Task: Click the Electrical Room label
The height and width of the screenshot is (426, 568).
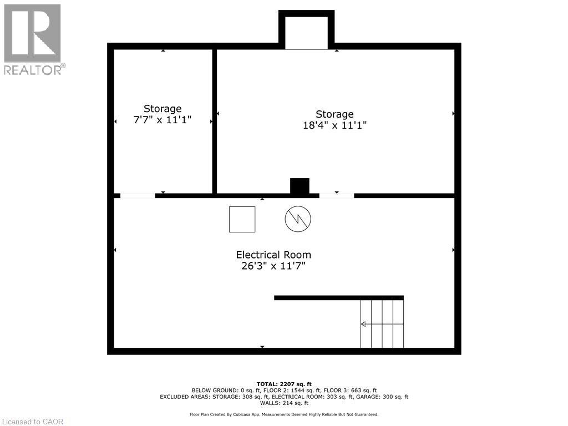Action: pos(273,255)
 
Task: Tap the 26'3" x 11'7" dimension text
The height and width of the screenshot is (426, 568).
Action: pos(273,266)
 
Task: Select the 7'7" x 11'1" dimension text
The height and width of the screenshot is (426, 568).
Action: pos(163,120)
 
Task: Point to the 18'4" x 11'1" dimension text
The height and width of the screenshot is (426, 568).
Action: pos(334,125)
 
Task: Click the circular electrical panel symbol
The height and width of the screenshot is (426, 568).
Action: pos(298,219)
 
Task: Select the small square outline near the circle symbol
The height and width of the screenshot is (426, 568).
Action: pos(242,219)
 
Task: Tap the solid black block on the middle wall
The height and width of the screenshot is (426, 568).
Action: pos(300,186)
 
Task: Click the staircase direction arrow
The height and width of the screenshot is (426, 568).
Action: pos(363,324)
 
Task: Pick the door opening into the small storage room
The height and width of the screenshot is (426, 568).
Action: pos(138,195)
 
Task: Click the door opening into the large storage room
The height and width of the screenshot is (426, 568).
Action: pos(337,195)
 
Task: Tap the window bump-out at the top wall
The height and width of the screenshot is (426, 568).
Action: pos(307,31)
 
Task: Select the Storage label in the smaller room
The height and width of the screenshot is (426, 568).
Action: pos(163,109)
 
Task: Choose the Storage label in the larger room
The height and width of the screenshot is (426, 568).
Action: pos(334,114)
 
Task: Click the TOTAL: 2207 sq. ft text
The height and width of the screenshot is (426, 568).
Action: pos(284,384)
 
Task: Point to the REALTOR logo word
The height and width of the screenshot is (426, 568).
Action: pos(33,70)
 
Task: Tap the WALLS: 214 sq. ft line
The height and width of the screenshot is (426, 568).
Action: pos(284,403)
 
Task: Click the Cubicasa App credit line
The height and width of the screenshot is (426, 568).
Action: pos(284,414)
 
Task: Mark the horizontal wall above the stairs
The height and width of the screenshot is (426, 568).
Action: pos(338,298)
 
